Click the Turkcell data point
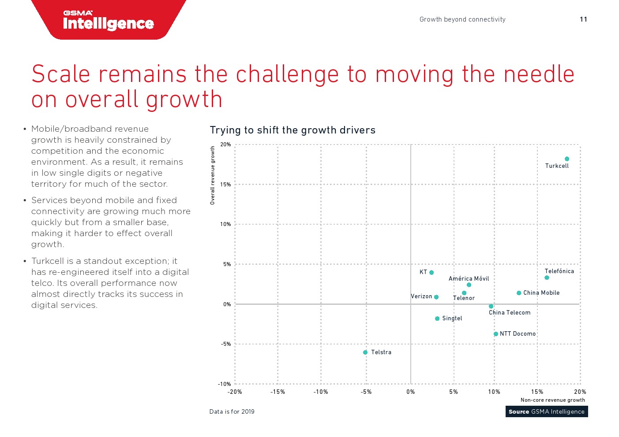click(x=567, y=159)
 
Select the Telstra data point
click(x=365, y=352)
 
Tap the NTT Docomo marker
click(x=496, y=334)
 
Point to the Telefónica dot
click(x=547, y=278)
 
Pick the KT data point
click(x=431, y=273)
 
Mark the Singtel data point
click(x=437, y=318)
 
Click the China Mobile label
click(x=541, y=293)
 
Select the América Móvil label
click(x=469, y=278)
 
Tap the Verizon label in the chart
click(x=421, y=296)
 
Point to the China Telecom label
click(x=510, y=313)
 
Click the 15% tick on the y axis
click(x=225, y=185)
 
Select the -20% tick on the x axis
click(x=235, y=392)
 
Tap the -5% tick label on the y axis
click(x=225, y=344)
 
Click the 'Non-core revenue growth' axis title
click(x=552, y=400)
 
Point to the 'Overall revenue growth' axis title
click(x=213, y=175)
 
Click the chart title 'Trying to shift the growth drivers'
click(x=293, y=130)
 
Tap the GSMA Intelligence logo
click(x=109, y=20)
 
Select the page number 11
click(x=583, y=19)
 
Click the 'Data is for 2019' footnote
click(x=232, y=412)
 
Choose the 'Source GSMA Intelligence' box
click(x=546, y=412)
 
